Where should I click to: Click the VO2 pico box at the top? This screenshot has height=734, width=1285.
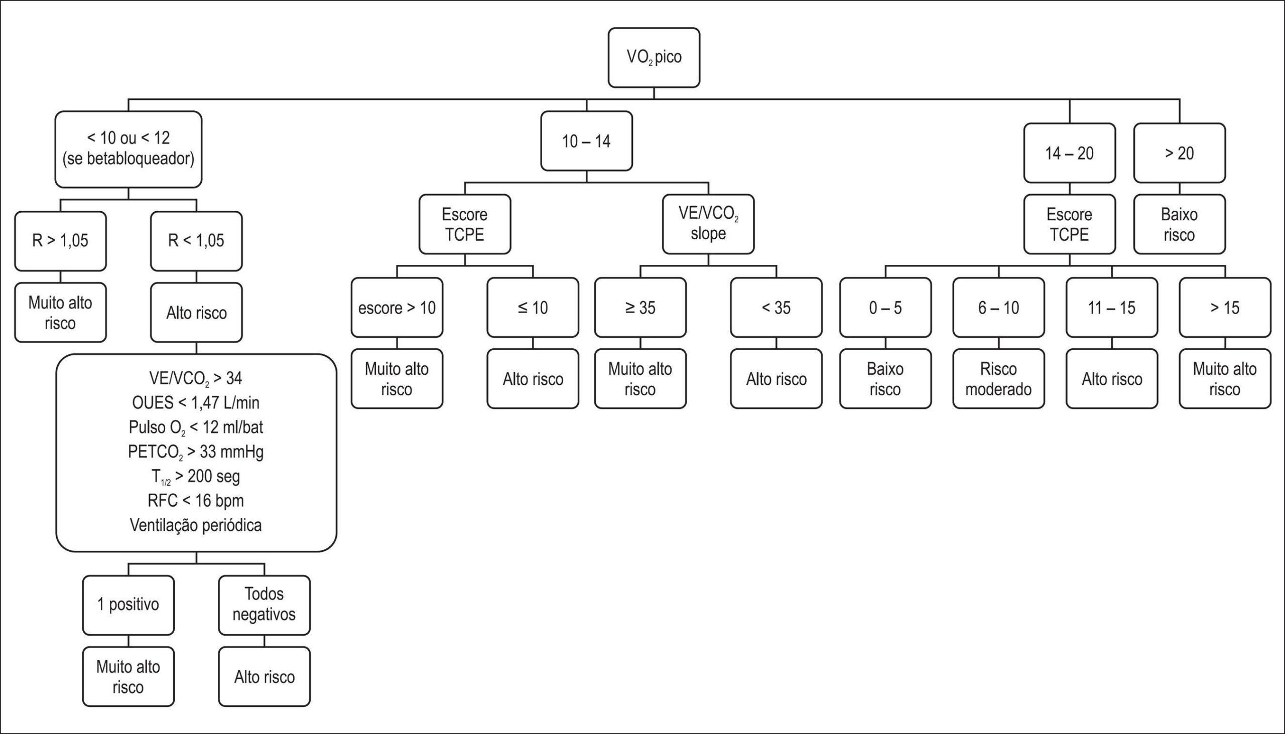pyautogui.click(x=654, y=58)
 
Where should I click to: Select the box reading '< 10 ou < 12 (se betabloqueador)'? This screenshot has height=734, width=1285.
pyautogui.click(x=128, y=149)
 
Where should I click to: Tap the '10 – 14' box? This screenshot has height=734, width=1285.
pyautogui.click(x=586, y=141)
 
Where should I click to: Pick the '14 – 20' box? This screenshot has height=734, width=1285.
pyautogui.click(x=1069, y=153)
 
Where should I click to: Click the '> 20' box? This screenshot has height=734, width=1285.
pyautogui.click(x=1179, y=153)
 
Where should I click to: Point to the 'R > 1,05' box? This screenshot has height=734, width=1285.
pyautogui.click(x=61, y=241)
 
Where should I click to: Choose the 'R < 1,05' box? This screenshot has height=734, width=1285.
pyautogui.click(x=196, y=241)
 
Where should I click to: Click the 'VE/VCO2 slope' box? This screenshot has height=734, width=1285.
pyautogui.click(x=708, y=224)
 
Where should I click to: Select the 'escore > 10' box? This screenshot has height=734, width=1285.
pyautogui.click(x=397, y=308)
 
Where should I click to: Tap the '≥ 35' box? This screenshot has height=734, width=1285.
pyautogui.click(x=640, y=308)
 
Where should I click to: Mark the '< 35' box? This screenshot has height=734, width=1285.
pyautogui.click(x=776, y=308)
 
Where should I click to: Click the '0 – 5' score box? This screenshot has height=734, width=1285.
pyautogui.click(x=885, y=308)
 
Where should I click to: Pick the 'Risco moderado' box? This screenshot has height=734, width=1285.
pyautogui.click(x=998, y=379)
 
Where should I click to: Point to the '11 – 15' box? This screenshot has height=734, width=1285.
pyautogui.click(x=1111, y=308)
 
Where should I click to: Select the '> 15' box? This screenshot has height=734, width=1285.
pyautogui.click(x=1225, y=308)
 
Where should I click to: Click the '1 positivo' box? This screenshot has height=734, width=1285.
pyautogui.click(x=128, y=605)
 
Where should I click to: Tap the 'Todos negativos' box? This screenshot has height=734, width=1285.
pyautogui.click(x=264, y=605)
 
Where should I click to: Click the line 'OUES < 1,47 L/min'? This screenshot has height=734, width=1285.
pyautogui.click(x=196, y=402)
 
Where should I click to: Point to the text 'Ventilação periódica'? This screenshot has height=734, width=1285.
pyautogui.click(x=196, y=525)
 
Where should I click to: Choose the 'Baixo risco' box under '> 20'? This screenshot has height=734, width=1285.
pyautogui.click(x=1179, y=224)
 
